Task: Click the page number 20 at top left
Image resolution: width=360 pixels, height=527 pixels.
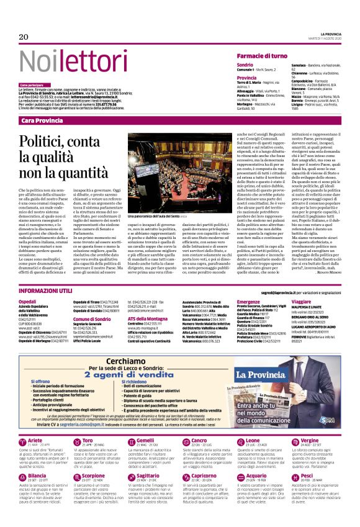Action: coord(24,37)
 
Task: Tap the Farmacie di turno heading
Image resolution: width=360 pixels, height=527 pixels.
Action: coord(261,56)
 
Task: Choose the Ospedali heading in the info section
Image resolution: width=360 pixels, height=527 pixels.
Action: coord(28,301)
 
